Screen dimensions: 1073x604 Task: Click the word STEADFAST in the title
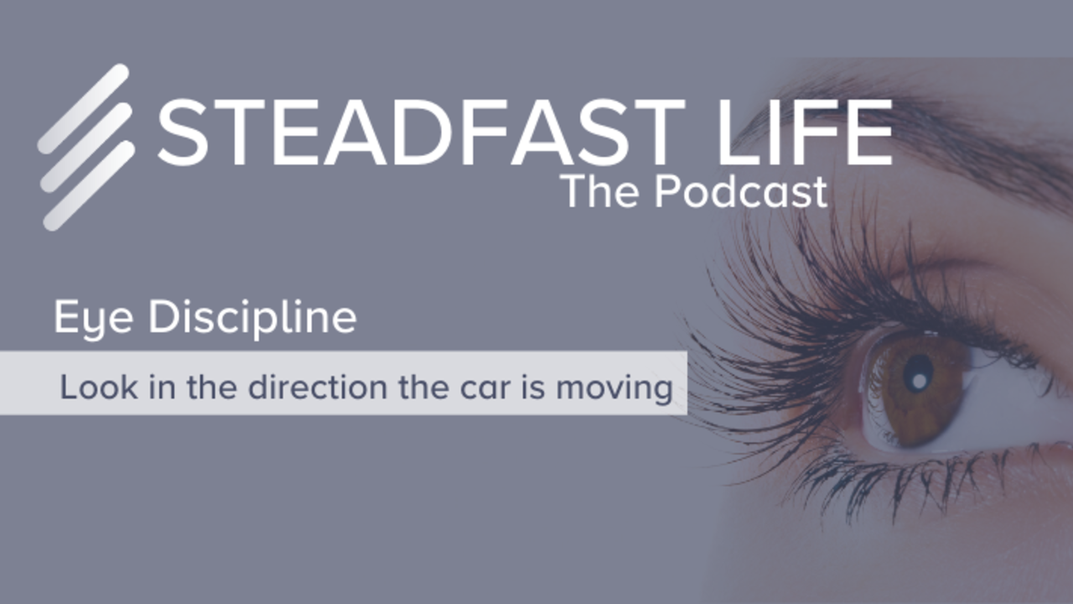(422, 133)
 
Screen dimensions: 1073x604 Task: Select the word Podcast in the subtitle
(741, 190)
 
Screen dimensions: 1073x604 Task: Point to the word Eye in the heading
(93, 317)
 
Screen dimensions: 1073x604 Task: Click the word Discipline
(253, 316)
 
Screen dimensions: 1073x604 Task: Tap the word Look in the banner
(99, 387)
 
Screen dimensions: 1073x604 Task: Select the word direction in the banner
(318, 387)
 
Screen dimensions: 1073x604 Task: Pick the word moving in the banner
(614, 389)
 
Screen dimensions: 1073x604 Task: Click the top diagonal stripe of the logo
(83, 109)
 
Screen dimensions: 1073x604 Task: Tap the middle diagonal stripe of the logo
(86, 148)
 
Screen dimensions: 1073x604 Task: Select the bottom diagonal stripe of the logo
(89, 186)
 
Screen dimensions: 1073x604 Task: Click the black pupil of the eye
(918, 374)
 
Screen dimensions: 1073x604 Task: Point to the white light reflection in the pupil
(920, 381)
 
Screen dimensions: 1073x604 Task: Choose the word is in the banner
(533, 387)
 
